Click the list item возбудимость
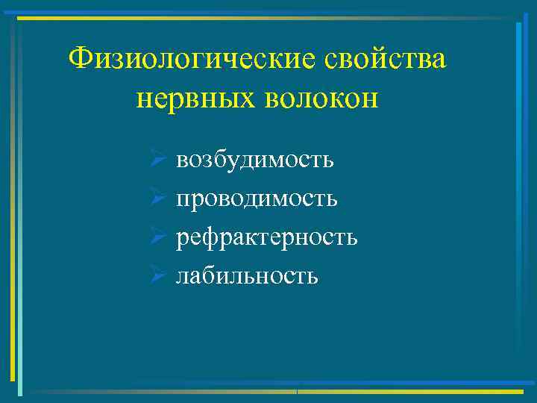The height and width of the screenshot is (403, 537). tap(254, 160)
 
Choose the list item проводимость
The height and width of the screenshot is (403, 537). tap(257, 199)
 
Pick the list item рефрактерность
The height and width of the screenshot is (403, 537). tap(266, 237)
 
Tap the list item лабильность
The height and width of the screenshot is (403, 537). tap(247, 276)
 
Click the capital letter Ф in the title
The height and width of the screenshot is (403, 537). tap(77, 59)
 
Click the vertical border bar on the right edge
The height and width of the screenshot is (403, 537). tap(518, 201)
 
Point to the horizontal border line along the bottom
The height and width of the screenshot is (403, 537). tap(268, 391)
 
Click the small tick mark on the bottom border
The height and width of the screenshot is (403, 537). tap(297, 391)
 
